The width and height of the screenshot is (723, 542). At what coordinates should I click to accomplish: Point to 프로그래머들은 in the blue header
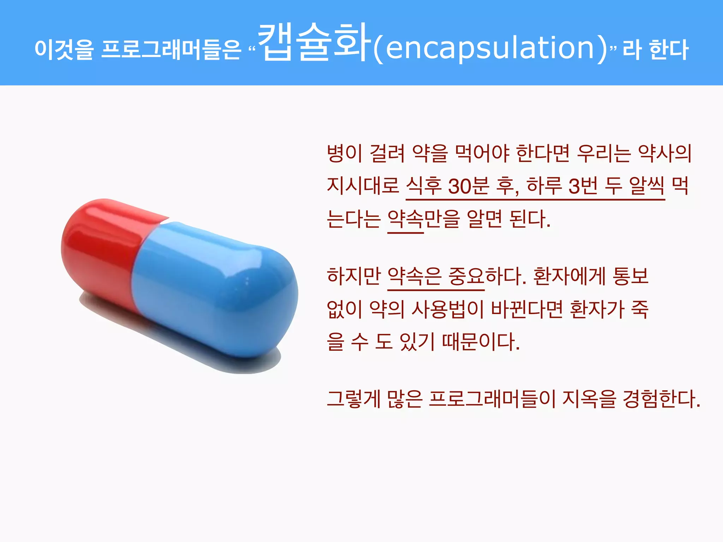click(x=171, y=49)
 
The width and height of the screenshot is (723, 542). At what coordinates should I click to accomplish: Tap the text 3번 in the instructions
click(x=583, y=186)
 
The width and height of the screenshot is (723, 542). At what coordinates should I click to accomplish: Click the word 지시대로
click(x=363, y=186)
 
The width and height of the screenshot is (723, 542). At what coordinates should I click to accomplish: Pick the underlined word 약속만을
click(x=423, y=219)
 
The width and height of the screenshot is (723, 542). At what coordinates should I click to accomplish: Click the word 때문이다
click(x=480, y=342)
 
